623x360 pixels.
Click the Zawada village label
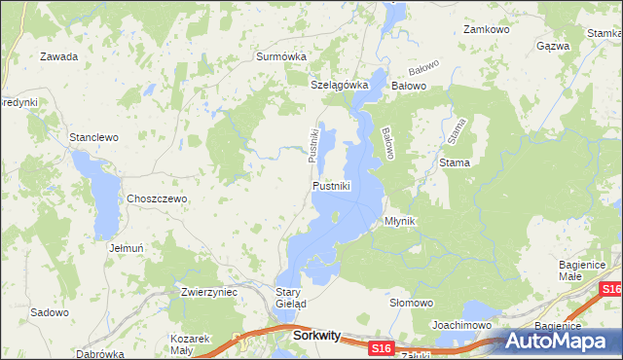pyautogui.click(x=58, y=56)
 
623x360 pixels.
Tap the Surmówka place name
pyautogui.click(x=281, y=56)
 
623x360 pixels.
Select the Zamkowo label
pyautogui.click(x=487, y=30)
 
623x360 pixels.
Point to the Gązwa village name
pyautogui.click(x=553, y=46)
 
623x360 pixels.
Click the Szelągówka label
pyautogui.click(x=340, y=85)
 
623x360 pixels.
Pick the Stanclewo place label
pyautogui.click(x=93, y=137)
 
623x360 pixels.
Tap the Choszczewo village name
pyautogui.click(x=156, y=198)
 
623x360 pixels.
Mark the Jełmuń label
pyautogui.click(x=127, y=248)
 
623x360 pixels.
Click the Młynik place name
pyautogui.click(x=400, y=221)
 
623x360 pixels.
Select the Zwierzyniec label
pyautogui.click(x=209, y=291)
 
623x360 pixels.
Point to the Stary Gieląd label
pyautogui.click(x=291, y=298)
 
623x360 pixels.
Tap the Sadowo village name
pyautogui.click(x=50, y=312)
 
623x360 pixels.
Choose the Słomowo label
pyautogui.click(x=411, y=303)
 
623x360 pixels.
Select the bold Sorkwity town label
pyautogui.click(x=316, y=336)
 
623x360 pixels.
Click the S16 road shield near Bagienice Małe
pyautogui.click(x=610, y=290)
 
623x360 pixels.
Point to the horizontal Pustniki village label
pyautogui.click(x=331, y=185)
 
